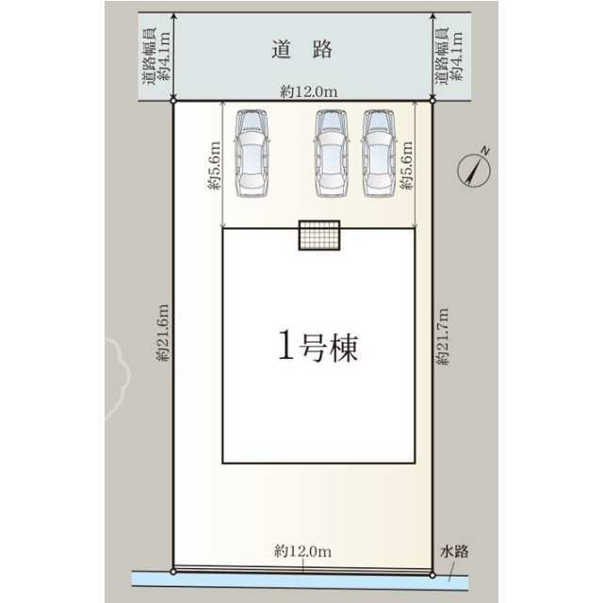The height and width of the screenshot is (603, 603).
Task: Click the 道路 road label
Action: point(301,50)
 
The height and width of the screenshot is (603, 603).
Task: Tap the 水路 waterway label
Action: point(454,551)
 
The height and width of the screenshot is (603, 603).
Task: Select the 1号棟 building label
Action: point(318,347)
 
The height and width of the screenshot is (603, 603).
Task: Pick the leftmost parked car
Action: point(252,153)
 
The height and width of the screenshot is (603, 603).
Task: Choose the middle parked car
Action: point(331,153)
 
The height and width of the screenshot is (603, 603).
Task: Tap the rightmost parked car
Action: point(379,153)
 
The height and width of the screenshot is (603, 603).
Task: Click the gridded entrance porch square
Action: point(319,236)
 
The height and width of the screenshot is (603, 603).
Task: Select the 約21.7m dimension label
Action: point(443,336)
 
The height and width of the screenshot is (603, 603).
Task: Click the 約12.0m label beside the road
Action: point(309,91)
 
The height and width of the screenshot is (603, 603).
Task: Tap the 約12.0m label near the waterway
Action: point(302,551)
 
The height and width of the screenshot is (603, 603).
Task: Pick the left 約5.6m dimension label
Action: point(214,166)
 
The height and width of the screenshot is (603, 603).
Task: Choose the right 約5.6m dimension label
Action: point(406,166)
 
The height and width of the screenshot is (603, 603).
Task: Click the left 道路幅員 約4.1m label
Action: point(156,56)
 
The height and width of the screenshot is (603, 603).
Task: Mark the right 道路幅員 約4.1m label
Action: point(448,56)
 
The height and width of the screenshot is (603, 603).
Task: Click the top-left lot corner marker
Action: point(173,101)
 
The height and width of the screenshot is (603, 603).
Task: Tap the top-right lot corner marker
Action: point(432,101)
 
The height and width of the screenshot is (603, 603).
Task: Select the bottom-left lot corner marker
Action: point(173,572)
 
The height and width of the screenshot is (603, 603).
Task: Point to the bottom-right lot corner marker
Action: point(432,576)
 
